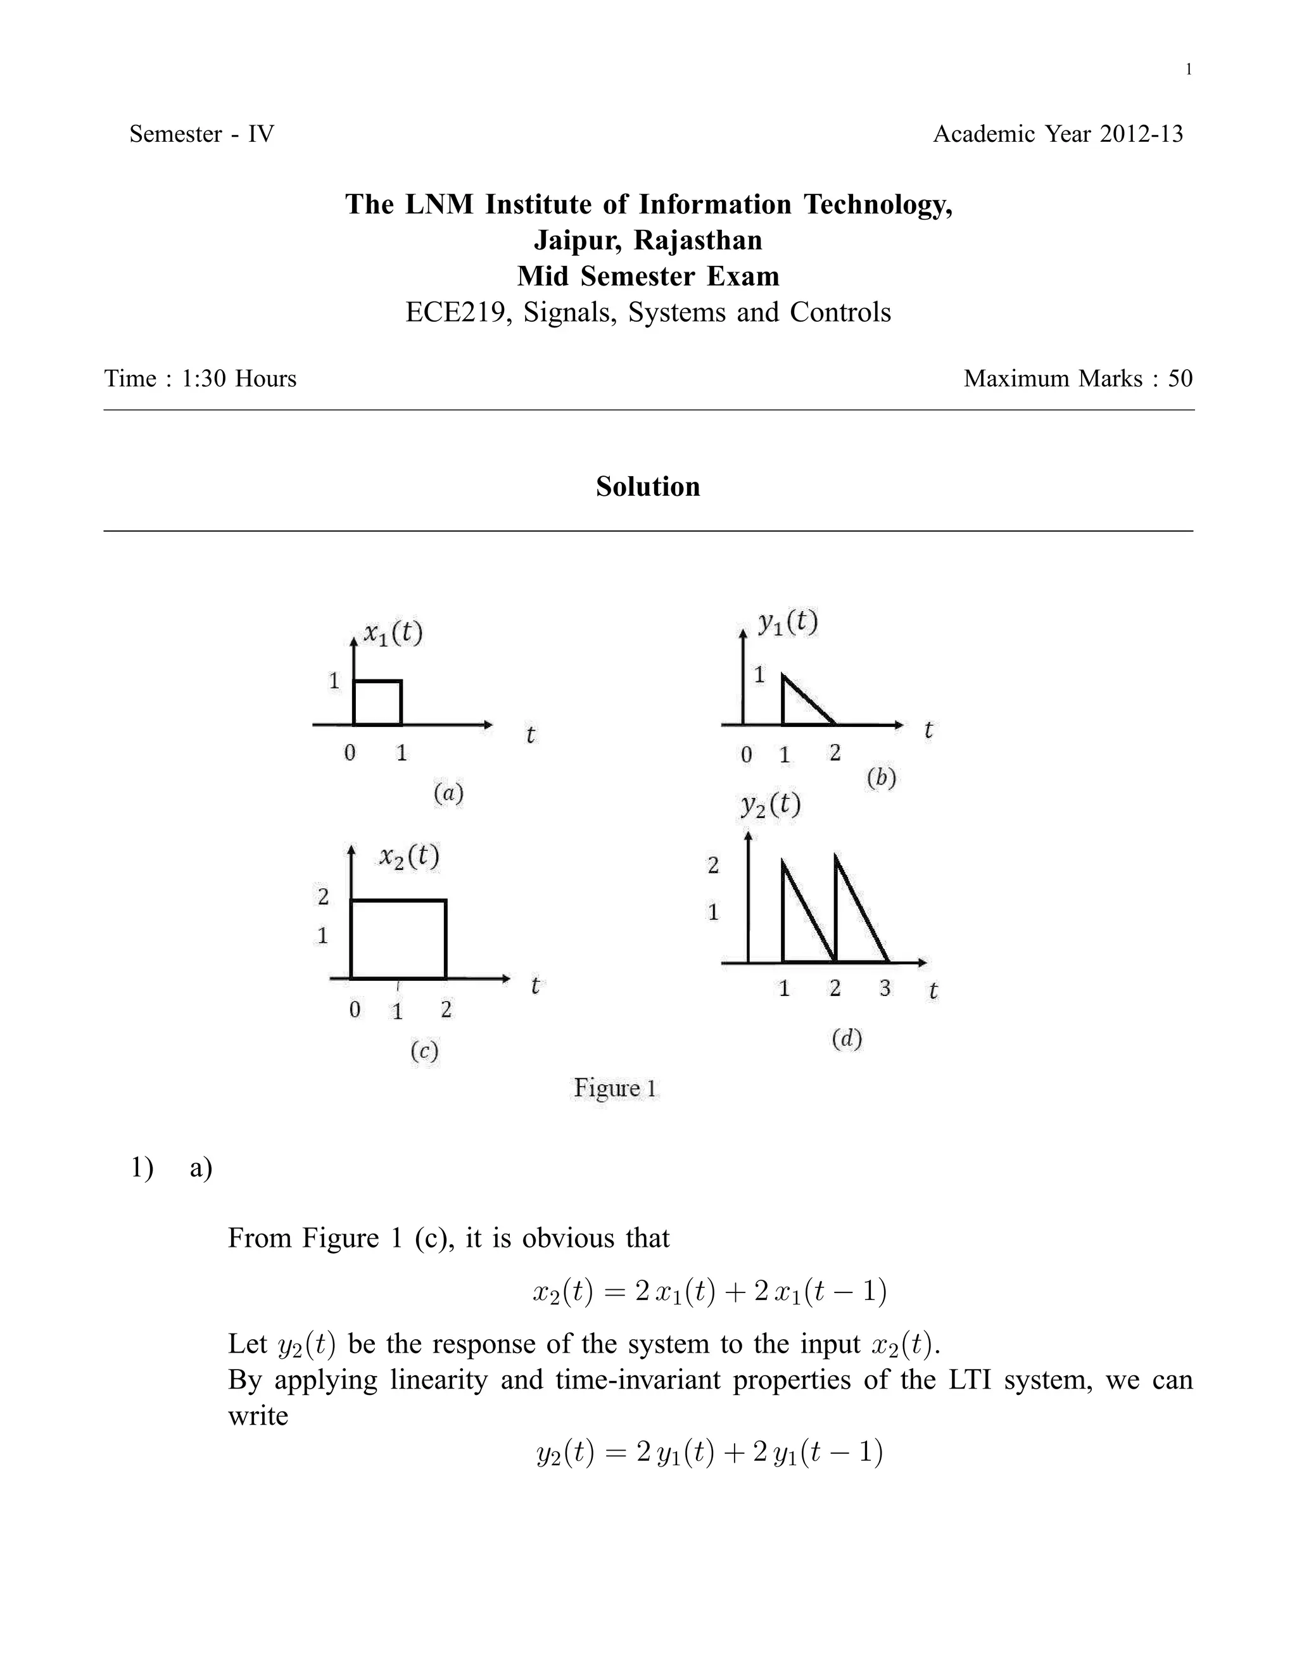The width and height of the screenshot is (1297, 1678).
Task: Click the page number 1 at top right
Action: (x=1189, y=70)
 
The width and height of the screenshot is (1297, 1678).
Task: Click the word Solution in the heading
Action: (x=648, y=486)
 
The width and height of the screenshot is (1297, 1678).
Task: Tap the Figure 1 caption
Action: (x=616, y=1088)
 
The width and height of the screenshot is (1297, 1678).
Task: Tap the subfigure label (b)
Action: (x=882, y=778)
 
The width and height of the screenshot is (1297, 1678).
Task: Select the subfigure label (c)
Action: (x=424, y=1050)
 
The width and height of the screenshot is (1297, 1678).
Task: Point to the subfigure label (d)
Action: (x=847, y=1038)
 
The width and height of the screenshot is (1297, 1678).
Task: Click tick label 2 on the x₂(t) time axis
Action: (x=446, y=1009)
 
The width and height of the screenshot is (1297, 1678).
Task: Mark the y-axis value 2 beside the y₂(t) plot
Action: (x=713, y=866)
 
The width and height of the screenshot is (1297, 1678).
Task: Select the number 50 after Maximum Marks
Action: (x=1180, y=379)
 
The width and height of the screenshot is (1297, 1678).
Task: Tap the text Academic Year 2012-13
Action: (x=1058, y=134)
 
